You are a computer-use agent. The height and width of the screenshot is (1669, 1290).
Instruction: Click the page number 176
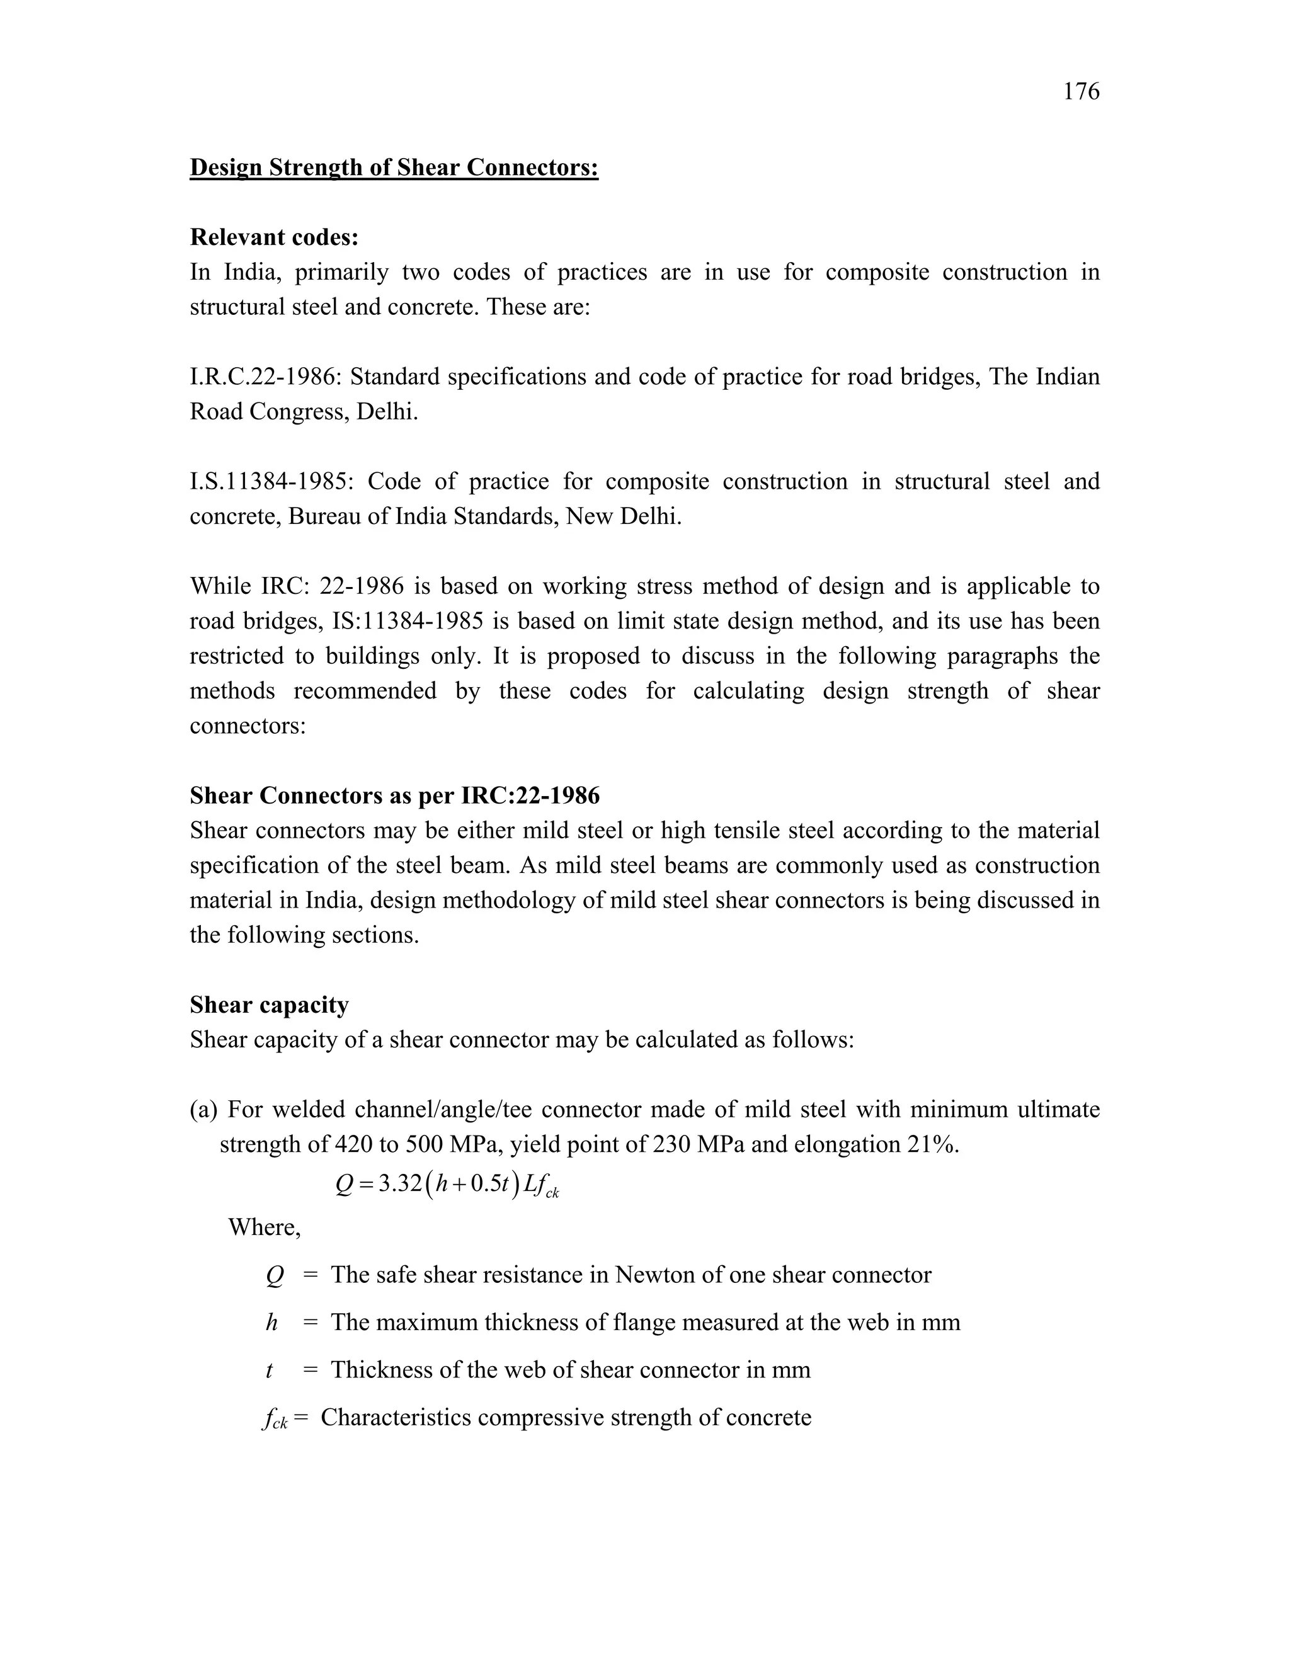1081,92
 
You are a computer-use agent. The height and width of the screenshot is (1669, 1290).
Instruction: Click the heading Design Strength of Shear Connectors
394,168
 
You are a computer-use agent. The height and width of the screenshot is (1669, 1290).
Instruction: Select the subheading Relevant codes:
273,237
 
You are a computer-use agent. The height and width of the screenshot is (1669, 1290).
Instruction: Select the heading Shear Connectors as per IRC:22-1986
394,795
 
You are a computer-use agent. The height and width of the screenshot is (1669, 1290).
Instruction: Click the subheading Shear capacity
269,1005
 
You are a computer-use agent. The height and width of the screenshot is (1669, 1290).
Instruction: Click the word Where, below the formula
265,1228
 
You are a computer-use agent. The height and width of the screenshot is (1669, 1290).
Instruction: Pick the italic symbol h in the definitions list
271,1323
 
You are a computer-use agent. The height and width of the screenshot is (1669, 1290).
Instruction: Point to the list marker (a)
203,1110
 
